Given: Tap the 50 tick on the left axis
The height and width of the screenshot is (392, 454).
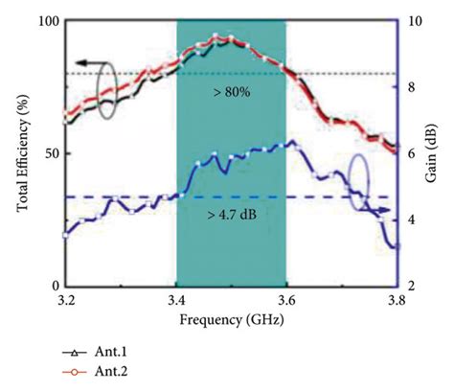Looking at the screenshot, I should pos(51,153).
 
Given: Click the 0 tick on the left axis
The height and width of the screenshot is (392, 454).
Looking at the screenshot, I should pos(55,287).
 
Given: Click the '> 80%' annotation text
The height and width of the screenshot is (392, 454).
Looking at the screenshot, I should pos(231,91).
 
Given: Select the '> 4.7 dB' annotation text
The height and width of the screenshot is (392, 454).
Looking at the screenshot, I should pos(231,214).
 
